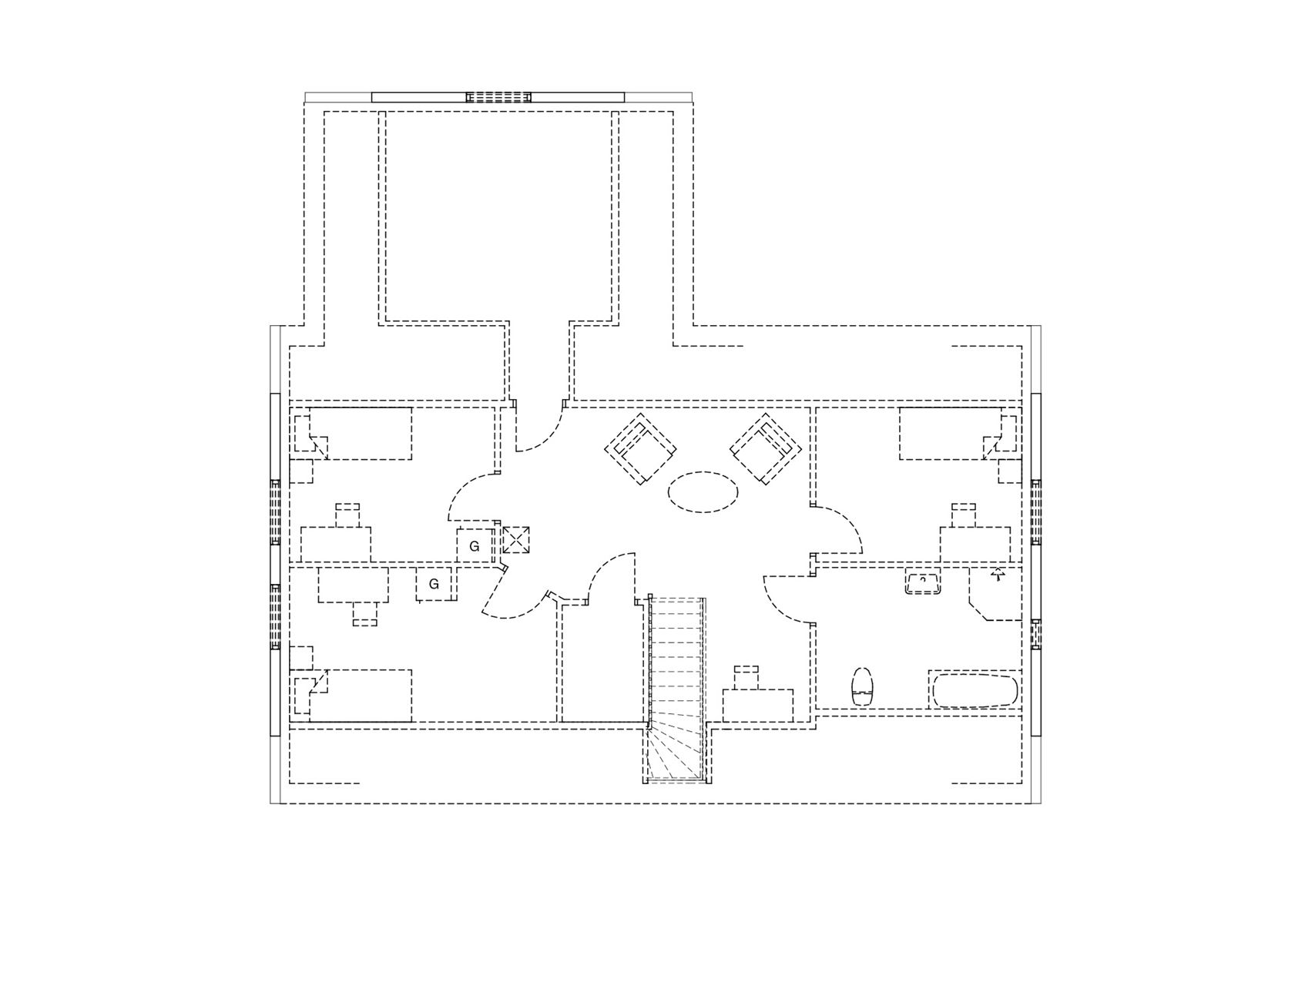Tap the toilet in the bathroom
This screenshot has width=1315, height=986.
[x=863, y=686]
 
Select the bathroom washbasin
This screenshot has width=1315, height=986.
[x=923, y=583]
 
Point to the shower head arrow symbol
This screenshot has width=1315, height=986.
[x=998, y=574]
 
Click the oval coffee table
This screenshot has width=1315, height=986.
[x=703, y=491]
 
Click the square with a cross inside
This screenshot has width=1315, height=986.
[x=515, y=540]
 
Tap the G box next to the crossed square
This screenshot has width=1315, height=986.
[x=475, y=546]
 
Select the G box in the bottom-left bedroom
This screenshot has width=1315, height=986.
[x=434, y=584]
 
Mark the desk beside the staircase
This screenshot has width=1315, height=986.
[x=758, y=706]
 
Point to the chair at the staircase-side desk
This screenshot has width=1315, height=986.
[x=746, y=677]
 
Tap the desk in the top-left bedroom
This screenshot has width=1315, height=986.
[x=335, y=545]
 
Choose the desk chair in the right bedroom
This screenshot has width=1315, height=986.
[x=964, y=515]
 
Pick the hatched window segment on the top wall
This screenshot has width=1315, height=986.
[x=498, y=97]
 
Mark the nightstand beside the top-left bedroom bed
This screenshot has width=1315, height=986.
[x=301, y=471]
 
